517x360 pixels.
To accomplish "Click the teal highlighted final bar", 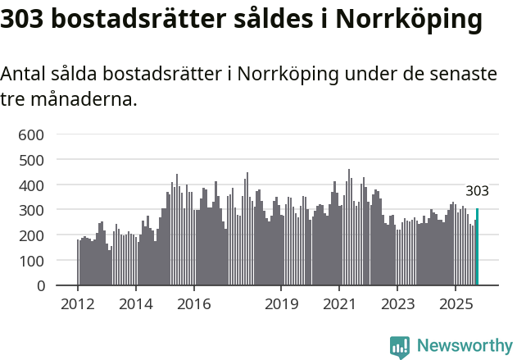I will [477, 247].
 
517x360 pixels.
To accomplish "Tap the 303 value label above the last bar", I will [477, 191].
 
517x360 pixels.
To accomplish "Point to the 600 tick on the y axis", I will [32, 134].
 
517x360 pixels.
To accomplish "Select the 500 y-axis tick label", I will [32, 160].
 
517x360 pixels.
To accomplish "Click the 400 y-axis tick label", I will [32, 185].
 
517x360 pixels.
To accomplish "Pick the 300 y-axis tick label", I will [32, 211].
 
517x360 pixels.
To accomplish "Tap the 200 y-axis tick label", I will [32, 236].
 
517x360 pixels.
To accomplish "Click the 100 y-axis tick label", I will [32, 261].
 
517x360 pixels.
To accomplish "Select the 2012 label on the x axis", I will [78, 304].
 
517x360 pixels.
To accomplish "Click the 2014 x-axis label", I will [136, 304].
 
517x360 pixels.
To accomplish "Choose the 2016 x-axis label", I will [193, 304].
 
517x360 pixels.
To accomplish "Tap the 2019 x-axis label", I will [281, 304].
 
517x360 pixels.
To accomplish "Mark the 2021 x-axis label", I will [338, 304].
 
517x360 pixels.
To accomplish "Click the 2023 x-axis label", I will [397, 304].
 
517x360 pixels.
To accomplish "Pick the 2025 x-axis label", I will [455, 304].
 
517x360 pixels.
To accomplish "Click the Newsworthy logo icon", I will [400, 347].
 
